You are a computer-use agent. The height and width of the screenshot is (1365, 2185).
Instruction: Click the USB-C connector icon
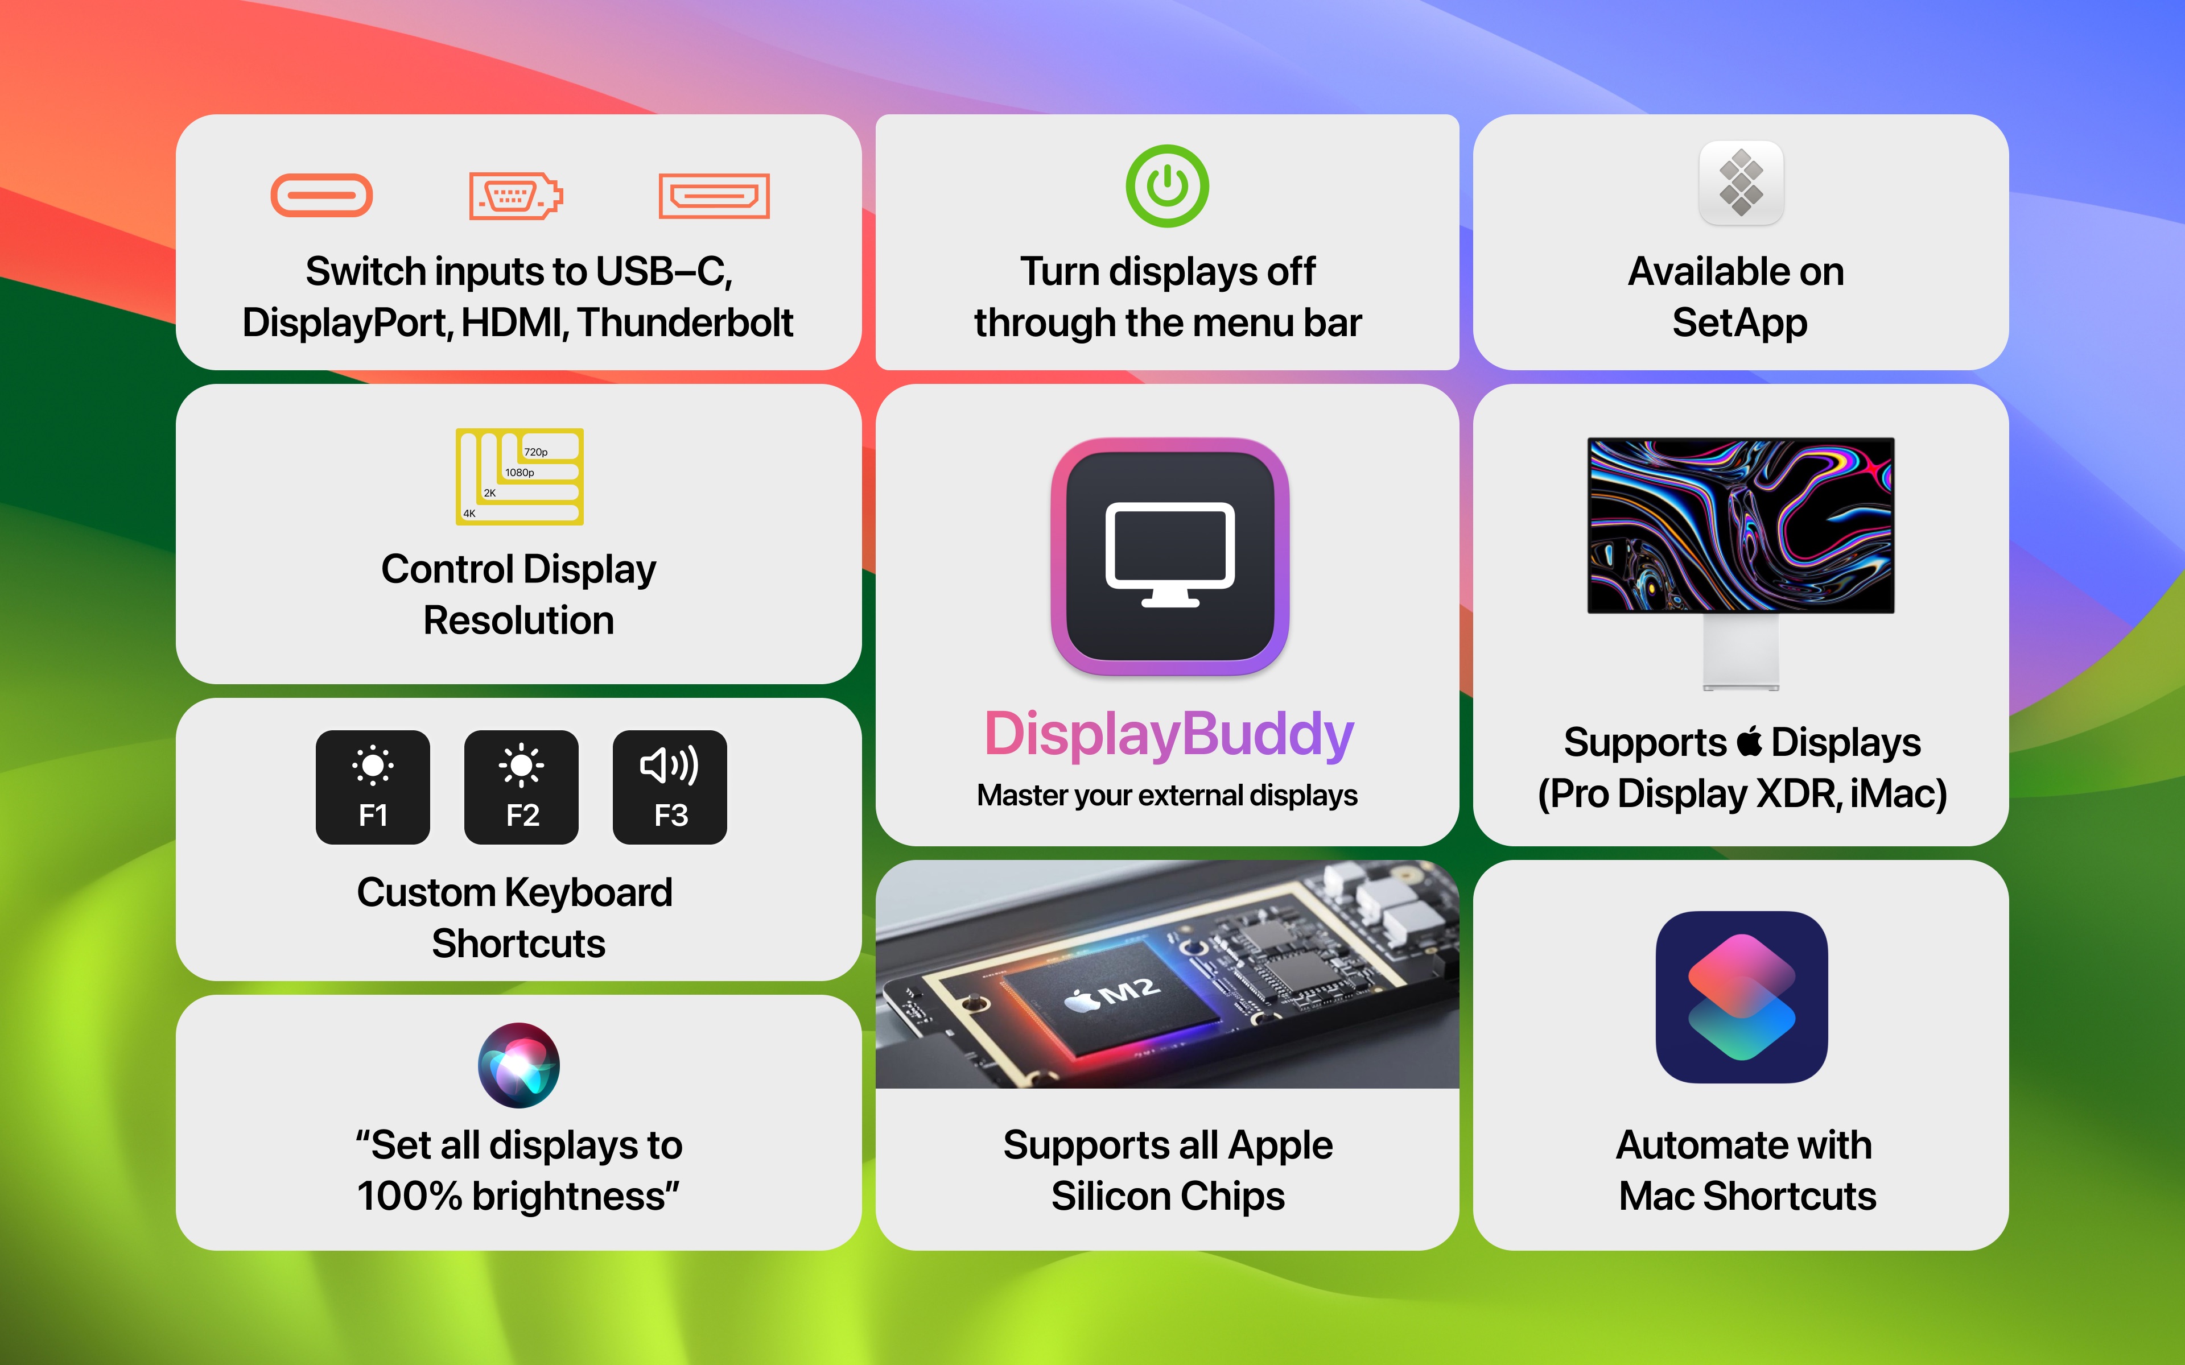(x=321, y=195)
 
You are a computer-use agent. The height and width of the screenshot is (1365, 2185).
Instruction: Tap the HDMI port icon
(x=714, y=195)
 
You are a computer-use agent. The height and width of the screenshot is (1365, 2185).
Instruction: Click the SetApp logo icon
(x=1741, y=183)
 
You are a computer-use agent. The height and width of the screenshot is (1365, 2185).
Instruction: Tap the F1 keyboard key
(x=373, y=787)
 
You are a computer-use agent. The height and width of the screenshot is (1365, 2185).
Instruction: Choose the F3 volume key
(x=670, y=787)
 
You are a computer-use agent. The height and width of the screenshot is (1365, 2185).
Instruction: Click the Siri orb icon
(x=518, y=1065)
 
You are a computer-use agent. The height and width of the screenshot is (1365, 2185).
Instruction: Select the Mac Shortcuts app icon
(x=1742, y=996)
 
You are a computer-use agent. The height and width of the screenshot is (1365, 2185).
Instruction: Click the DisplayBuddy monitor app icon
(x=1170, y=556)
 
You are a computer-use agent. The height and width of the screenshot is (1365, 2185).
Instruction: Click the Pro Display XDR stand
(x=1741, y=652)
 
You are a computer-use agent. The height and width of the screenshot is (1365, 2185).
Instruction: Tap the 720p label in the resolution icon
(x=535, y=452)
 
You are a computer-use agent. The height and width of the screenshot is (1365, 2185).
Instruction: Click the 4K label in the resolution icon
(x=469, y=514)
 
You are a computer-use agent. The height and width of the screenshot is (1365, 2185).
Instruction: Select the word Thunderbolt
(x=685, y=323)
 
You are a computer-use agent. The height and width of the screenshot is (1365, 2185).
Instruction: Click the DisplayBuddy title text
(x=1168, y=735)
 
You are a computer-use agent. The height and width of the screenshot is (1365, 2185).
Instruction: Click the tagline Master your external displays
(x=1168, y=795)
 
